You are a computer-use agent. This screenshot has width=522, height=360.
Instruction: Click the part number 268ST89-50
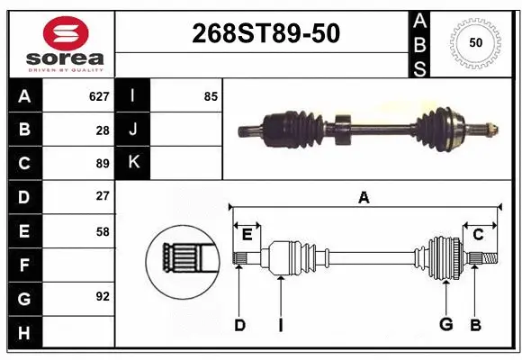coord(266,34)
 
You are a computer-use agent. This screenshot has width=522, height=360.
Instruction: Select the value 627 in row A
coord(99,95)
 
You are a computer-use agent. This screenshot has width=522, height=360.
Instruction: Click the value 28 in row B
coord(103,130)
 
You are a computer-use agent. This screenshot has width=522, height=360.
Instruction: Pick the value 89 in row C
coord(103,163)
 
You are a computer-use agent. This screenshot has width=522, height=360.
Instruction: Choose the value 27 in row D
coord(103,196)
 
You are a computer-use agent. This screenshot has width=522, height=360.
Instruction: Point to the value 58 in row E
coord(103,231)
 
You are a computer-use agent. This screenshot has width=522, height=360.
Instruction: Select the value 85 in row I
coord(211,95)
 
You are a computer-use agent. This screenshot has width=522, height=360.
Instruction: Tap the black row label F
coord(24,265)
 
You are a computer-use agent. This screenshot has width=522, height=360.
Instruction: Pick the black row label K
coord(134,163)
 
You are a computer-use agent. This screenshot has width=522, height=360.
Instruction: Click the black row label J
coord(134,130)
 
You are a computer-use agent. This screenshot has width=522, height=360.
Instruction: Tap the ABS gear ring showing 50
coord(475,42)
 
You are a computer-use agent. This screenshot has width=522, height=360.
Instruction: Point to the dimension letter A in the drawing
coord(364,197)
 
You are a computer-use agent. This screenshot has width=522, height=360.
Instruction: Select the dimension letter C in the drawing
coord(479,234)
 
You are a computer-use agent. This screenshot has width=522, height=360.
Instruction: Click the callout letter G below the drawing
coord(444,325)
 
